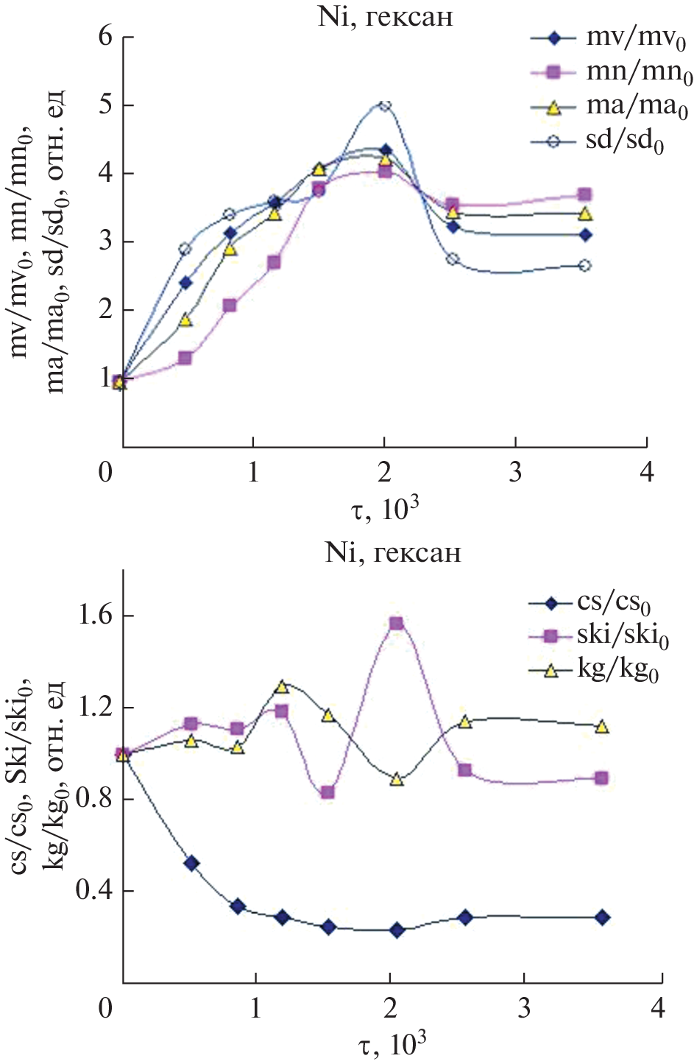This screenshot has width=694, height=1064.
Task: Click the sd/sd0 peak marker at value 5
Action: (384, 105)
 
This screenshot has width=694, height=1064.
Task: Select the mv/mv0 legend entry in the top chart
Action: (611, 39)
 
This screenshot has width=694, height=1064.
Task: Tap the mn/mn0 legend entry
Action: (611, 72)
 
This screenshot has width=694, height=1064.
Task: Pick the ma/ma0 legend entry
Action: (611, 107)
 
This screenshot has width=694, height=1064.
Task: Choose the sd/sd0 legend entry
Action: (611, 141)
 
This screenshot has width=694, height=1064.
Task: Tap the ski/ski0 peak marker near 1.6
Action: (397, 624)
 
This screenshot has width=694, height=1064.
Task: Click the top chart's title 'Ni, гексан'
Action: (385, 16)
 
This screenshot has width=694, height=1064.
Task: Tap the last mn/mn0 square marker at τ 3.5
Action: (585, 195)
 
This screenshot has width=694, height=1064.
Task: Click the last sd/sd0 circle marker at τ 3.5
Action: (585, 265)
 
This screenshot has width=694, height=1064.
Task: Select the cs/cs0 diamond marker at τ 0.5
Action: (191, 863)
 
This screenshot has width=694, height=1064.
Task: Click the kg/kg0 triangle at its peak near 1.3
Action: (281, 687)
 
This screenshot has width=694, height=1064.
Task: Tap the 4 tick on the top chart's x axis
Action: (647, 472)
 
